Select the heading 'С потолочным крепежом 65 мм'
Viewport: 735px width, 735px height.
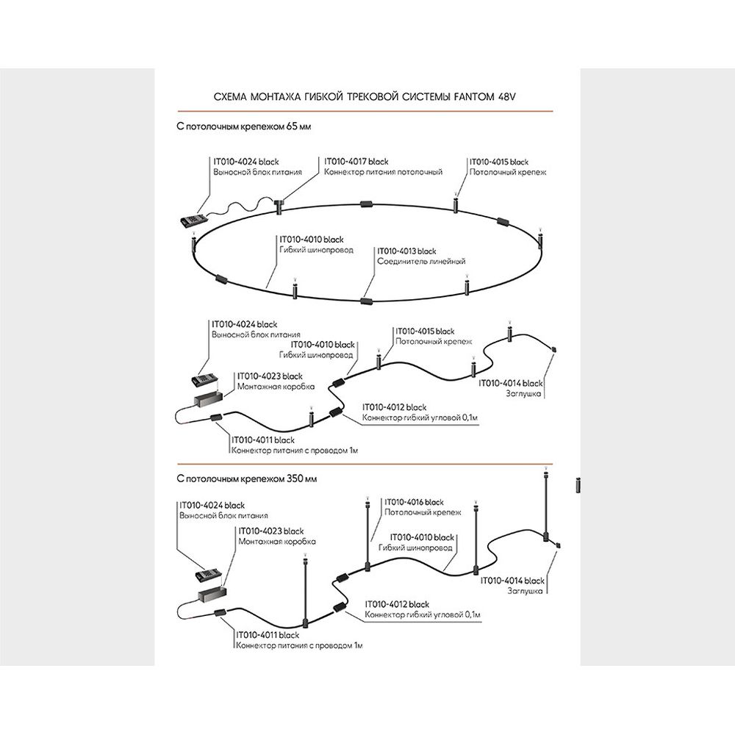click(x=244, y=126)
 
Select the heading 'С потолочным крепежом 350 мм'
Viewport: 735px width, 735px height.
click(x=247, y=479)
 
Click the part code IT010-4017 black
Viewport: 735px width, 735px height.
click(x=356, y=161)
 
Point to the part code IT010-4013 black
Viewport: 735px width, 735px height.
click(x=406, y=251)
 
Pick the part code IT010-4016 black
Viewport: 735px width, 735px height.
click(x=415, y=502)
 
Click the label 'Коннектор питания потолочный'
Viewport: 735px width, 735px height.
click(x=383, y=172)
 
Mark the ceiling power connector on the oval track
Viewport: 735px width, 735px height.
click(x=279, y=204)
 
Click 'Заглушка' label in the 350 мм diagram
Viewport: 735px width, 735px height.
click(x=525, y=591)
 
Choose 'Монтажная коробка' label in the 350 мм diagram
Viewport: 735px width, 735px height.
click(x=277, y=541)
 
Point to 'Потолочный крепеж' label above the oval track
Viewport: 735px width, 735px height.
click(x=508, y=172)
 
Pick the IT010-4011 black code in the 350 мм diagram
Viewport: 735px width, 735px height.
click(x=268, y=634)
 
